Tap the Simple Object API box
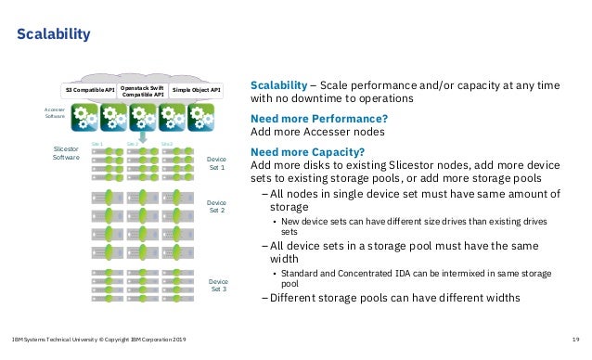(x=197, y=90)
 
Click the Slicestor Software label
(x=66, y=153)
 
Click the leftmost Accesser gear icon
(x=87, y=118)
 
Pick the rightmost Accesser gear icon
(x=201, y=118)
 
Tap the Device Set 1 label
(x=216, y=164)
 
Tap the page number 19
(x=577, y=341)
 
